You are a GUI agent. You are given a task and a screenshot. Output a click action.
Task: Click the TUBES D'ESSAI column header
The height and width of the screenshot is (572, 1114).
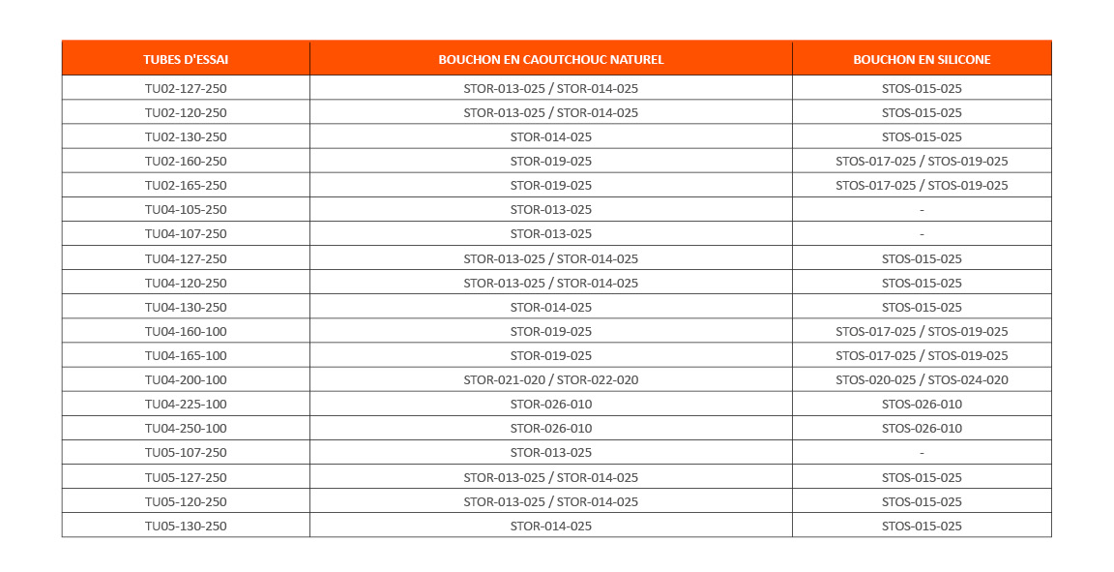pos(186,59)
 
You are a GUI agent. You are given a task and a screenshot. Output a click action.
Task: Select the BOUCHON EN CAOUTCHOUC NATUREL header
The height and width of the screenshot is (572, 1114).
pos(550,59)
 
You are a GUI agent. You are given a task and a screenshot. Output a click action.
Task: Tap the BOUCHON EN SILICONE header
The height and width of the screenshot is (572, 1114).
pos(922,59)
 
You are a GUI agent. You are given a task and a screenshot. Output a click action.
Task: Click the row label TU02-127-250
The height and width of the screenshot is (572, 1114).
pos(186,88)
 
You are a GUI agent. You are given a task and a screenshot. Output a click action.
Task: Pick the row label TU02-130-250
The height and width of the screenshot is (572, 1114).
pos(186,136)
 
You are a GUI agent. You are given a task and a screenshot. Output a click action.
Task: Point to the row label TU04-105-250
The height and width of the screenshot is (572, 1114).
pos(186,209)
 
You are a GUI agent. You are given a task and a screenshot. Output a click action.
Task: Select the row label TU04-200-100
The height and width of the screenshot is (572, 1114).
pos(186,379)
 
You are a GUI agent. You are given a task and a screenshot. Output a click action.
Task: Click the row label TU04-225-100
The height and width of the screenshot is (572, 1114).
pos(186,404)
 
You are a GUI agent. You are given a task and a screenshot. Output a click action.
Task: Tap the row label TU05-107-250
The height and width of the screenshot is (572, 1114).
pos(186,452)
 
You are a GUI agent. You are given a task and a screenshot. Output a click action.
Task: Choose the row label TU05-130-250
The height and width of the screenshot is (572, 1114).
pos(186,526)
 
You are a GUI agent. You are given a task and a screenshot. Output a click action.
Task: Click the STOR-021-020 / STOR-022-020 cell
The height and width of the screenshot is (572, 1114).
pos(550,379)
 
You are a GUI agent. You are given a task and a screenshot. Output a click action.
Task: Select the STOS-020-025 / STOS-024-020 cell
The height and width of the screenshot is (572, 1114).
pos(922,379)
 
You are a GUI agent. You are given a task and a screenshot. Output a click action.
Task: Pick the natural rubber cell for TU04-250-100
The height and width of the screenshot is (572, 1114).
pos(550,428)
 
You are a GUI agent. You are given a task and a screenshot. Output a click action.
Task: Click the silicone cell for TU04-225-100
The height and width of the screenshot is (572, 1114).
pos(922,404)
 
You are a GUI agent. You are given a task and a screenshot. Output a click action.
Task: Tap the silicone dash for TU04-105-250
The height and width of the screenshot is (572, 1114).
pos(922,209)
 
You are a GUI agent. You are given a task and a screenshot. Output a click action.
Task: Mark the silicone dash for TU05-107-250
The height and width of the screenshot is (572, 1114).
pos(922,452)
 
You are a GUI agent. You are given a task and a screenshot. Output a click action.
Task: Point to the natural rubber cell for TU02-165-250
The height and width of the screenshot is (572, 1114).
pos(550,185)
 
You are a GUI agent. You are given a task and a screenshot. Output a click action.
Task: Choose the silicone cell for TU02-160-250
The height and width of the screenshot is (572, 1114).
pos(922,161)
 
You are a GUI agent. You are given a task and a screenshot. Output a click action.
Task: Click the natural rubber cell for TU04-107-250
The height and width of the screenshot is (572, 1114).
pos(550,233)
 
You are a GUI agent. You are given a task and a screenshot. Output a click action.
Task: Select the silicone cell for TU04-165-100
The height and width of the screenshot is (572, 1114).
pos(922,355)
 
